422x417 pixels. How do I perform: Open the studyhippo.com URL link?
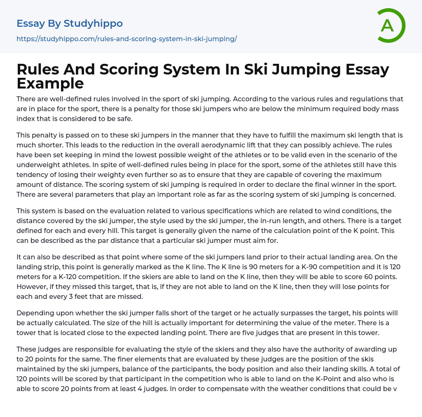tap(127, 39)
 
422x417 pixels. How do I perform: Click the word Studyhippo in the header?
tap(93, 23)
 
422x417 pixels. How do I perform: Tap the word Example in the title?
tap(50, 83)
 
